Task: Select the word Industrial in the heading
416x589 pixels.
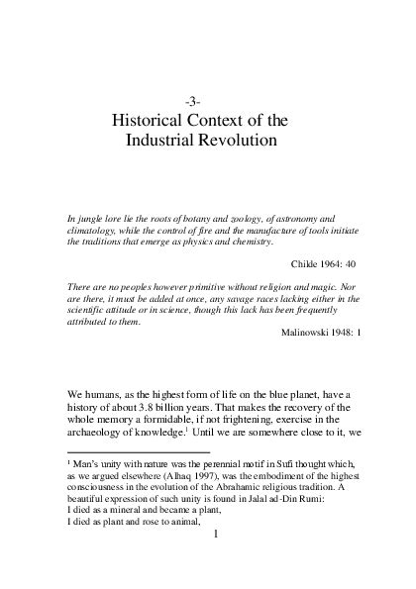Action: [x=162, y=142]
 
